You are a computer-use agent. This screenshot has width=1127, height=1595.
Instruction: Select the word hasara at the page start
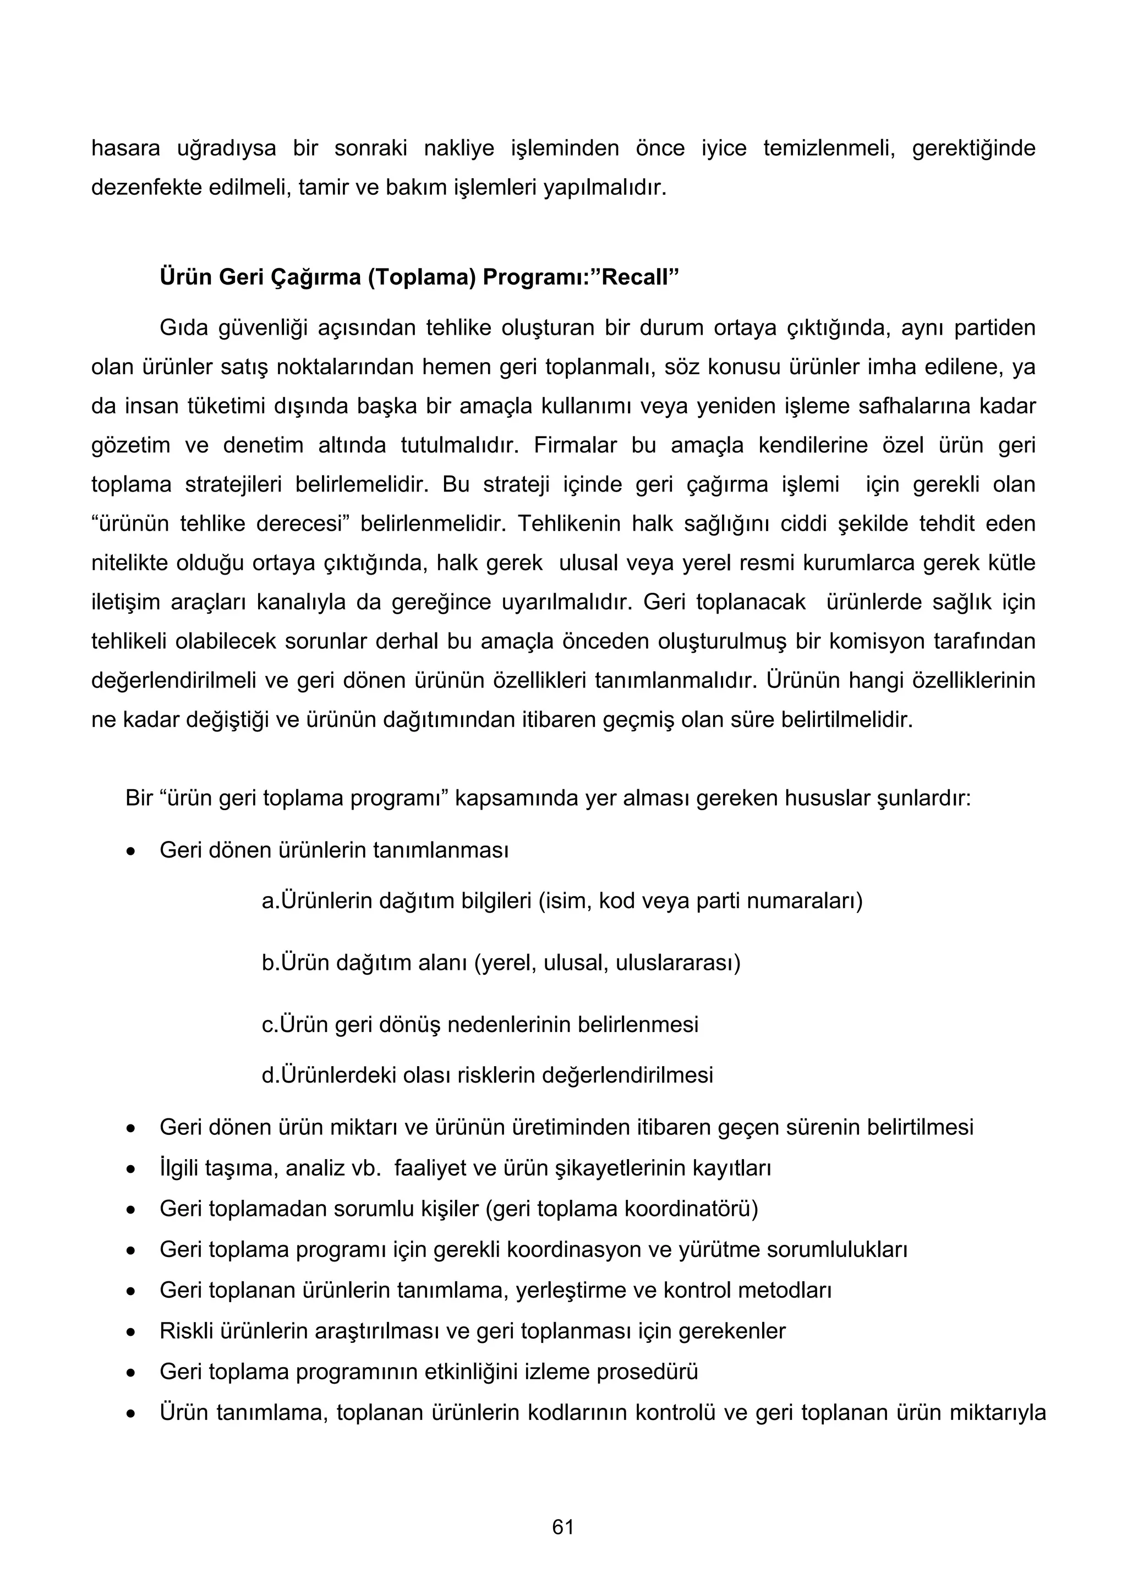[x=125, y=148]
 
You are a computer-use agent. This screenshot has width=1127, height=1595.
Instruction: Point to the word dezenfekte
[x=146, y=188]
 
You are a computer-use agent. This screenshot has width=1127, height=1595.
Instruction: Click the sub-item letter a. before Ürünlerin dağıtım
[x=270, y=902]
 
